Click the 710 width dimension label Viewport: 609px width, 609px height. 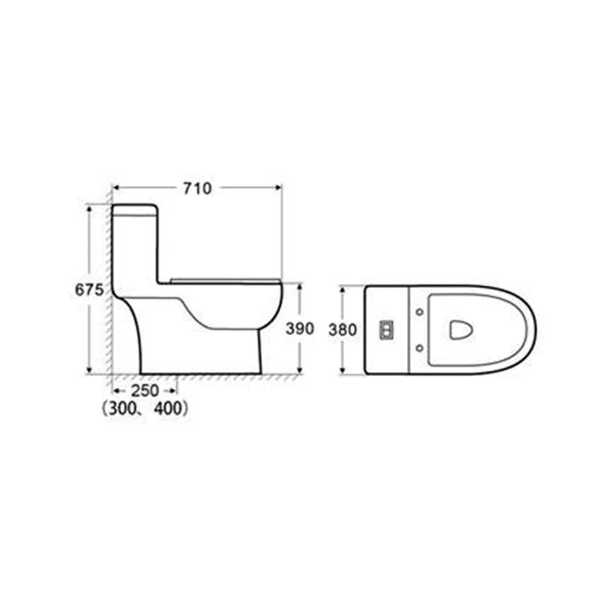click(197, 188)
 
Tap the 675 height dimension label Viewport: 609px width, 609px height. click(90, 290)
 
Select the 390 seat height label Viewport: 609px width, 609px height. click(300, 329)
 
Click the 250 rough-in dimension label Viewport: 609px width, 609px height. click(145, 391)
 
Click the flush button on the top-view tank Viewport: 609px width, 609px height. click(386, 330)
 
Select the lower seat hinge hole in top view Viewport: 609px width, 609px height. click(420, 348)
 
